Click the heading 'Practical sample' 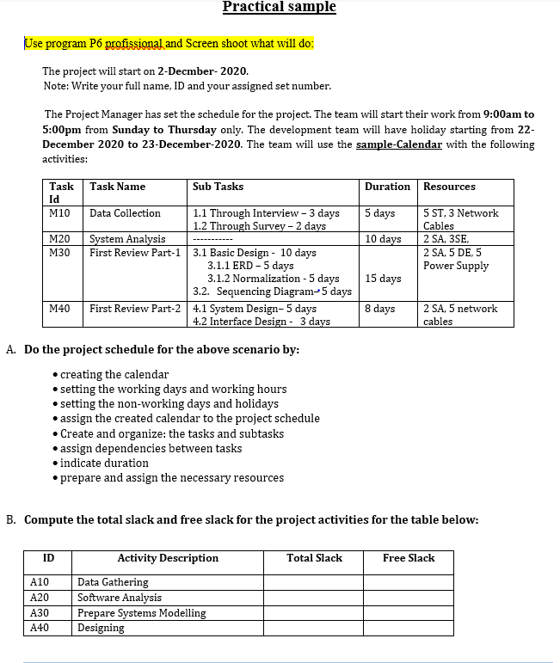pyautogui.click(x=280, y=8)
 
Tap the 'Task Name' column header pyautogui.click(x=118, y=187)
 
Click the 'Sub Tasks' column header pyautogui.click(x=218, y=187)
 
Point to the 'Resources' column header pyautogui.click(x=449, y=187)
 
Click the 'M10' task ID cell pyautogui.click(x=60, y=213)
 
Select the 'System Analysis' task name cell pyautogui.click(x=127, y=239)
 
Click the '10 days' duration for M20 pyautogui.click(x=383, y=239)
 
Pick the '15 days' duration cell pyautogui.click(x=383, y=279)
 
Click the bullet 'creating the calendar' pyautogui.click(x=114, y=374)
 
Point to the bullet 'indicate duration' pyautogui.click(x=104, y=463)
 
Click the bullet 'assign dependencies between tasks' pyautogui.click(x=151, y=448)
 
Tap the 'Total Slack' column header pyautogui.click(x=314, y=558)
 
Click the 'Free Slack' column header pyautogui.click(x=409, y=558)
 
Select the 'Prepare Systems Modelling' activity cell pyautogui.click(x=142, y=613)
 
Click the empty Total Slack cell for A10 pyautogui.click(x=314, y=582)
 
